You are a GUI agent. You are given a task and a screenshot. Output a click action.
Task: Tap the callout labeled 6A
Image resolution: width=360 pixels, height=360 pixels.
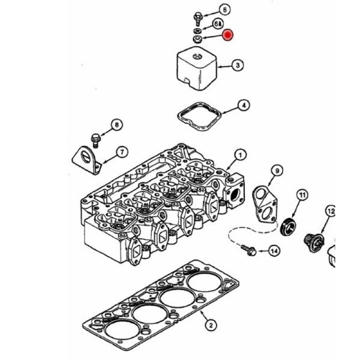click(217, 23)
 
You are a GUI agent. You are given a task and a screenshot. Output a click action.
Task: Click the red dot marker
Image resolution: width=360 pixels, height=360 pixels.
click(228, 35)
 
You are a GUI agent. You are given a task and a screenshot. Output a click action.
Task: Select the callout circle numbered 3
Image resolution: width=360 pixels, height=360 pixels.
click(238, 66)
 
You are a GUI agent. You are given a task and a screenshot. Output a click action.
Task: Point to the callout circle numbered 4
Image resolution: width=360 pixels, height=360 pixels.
click(243, 106)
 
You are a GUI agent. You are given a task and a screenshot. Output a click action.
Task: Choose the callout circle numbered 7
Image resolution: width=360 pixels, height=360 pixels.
click(122, 152)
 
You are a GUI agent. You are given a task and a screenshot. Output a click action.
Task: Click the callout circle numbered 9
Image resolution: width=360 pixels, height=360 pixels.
click(277, 171)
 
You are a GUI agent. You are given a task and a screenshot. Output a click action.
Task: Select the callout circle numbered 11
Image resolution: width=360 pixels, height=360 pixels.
click(301, 195)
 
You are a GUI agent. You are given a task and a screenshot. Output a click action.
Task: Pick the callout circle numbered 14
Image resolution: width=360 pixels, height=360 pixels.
click(274, 251)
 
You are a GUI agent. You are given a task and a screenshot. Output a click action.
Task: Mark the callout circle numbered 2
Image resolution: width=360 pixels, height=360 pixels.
click(209, 324)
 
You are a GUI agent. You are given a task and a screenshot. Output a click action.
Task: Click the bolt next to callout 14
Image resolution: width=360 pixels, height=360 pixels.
click(248, 250)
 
